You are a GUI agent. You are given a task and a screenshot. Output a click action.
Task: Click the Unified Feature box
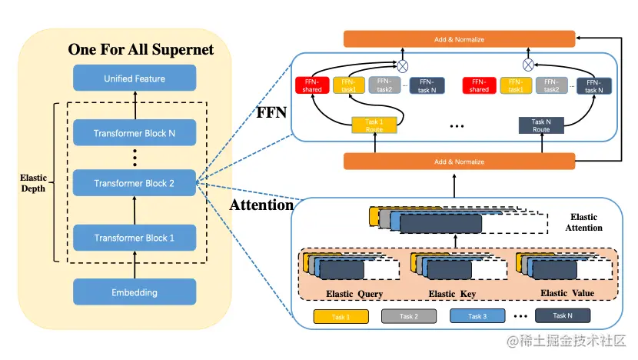point(135,78)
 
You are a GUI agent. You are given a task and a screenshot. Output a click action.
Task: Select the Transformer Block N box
point(135,133)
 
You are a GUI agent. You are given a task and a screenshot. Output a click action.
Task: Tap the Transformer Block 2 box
point(135,183)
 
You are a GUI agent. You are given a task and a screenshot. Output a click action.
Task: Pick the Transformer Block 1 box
point(135,238)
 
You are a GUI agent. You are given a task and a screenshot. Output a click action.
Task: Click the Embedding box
point(135,292)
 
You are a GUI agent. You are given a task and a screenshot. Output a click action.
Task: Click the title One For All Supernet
point(141,50)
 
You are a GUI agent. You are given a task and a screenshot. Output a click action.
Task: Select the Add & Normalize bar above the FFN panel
point(459,38)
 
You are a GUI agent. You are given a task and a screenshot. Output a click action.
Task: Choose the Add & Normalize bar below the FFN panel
point(459,162)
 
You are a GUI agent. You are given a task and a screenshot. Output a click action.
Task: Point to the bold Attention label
point(261,205)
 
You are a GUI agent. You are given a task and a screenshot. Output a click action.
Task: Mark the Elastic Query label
point(354,294)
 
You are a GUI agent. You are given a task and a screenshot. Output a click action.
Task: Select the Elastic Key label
point(453,294)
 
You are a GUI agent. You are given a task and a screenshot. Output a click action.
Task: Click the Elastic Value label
point(564,293)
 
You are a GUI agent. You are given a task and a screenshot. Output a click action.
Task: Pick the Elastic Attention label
point(584,222)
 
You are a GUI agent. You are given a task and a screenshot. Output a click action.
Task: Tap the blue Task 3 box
point(477,316)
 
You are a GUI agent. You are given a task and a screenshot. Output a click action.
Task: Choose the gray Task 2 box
point(409,316)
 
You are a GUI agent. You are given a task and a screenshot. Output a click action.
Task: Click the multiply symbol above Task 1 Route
point(401,64)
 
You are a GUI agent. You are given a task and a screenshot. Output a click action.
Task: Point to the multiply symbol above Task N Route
point(528,64)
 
